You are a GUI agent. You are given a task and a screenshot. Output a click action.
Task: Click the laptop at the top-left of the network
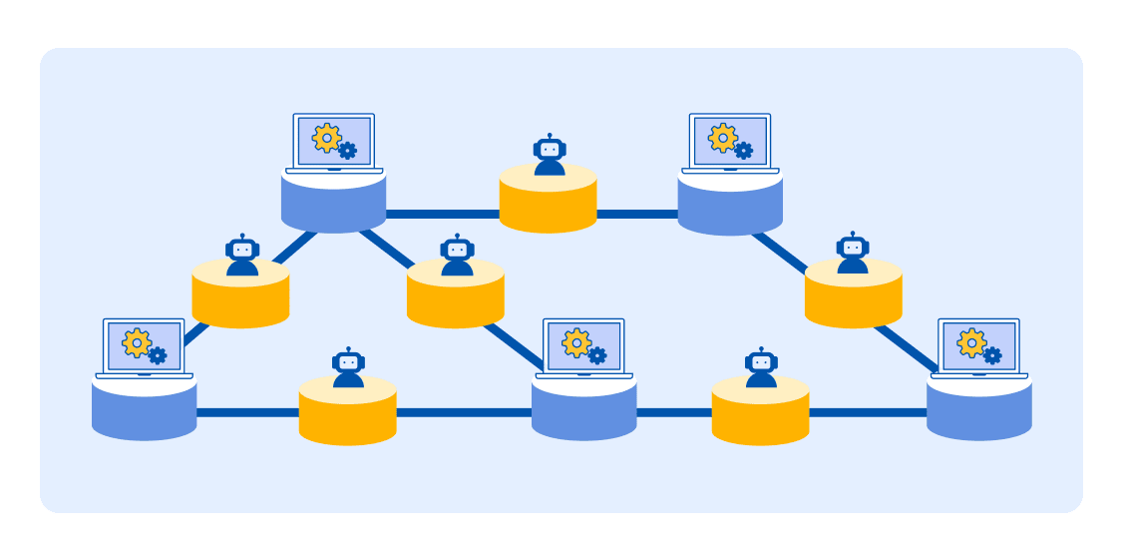point(334,142)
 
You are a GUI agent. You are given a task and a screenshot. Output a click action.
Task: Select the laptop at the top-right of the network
point(730,142)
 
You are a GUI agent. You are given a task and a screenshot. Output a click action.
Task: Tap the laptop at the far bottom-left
point(145,347)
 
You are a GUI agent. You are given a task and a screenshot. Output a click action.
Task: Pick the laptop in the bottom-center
point(583,347)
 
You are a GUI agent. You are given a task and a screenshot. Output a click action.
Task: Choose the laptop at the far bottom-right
point(978,347)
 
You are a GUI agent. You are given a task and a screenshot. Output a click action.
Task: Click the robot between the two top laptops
point(550,156)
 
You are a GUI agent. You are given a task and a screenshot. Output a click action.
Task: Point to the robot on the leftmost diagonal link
point(242,257)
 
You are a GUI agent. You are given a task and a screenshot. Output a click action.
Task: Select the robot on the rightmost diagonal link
point(853,254)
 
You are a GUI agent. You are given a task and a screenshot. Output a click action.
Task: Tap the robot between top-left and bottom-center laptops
point(457,257)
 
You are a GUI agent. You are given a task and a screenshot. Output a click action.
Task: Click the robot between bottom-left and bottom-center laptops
point(348,368)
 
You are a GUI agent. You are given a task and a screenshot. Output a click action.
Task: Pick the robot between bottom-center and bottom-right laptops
point(761,368)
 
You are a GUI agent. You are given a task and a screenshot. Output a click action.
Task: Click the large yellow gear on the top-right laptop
point(723,138)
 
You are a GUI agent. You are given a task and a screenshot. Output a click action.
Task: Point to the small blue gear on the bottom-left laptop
point(158,355)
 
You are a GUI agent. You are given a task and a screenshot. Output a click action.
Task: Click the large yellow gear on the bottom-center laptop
point(575,342)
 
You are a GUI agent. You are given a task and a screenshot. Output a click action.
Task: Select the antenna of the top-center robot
point(550,136)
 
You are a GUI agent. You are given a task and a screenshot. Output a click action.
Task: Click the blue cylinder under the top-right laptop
point(730,207)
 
